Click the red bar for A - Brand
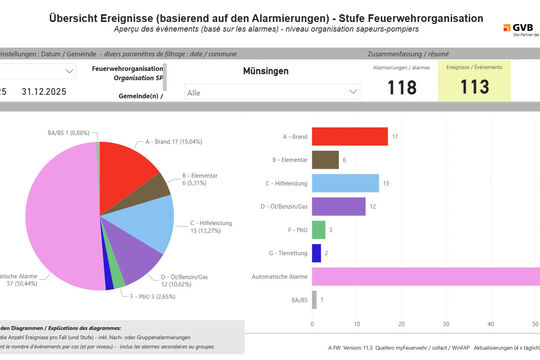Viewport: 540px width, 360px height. (x=350, y=137)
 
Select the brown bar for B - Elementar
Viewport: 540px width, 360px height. (x=325, y=160)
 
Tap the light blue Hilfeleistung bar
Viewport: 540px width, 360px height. (x=345, y=183)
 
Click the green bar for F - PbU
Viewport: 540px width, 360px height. (x=318, y=230)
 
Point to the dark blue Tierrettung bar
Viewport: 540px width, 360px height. (x=316, y=253)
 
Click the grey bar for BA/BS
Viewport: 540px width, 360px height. (x=314, y=300)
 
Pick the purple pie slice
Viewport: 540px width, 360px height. (x=130, y=265)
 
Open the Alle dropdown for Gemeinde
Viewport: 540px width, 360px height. (x=271, y=91)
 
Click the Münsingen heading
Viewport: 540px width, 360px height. (x=266, y=71)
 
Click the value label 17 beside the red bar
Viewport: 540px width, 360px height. (x=396, y=137)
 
